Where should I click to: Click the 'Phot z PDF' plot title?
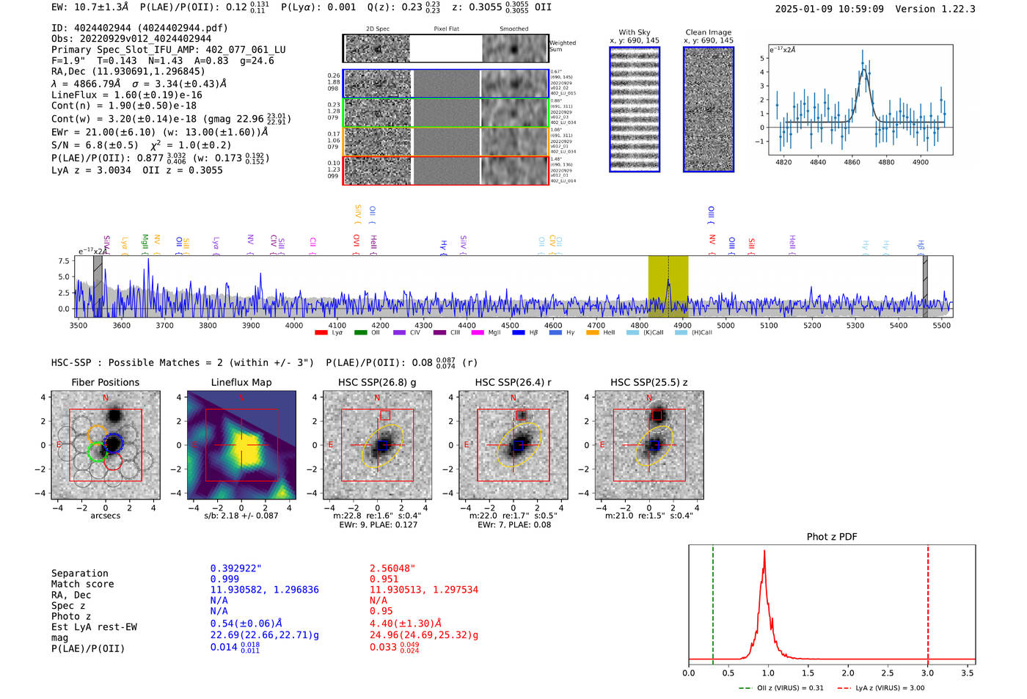click(x=832, y=537)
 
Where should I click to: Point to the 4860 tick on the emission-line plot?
click(x=852, y=162)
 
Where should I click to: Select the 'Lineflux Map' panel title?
click(x=241, y=382)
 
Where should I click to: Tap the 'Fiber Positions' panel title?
click(x=105, y=382)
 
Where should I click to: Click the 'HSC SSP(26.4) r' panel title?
click(x=513, y=382)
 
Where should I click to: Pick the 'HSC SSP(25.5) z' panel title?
click(x=648, y=382)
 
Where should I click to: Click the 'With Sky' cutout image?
click(x=635, y=109)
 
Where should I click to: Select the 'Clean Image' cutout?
click(x=709, y=109)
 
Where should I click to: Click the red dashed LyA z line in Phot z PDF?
click(x=928, y=601)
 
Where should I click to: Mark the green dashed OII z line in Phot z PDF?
click(x=713, y=601)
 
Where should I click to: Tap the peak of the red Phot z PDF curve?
click(x=764, y=552)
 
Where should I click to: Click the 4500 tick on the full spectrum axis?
click(x=510, y=326)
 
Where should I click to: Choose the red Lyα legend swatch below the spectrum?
click(x=321, y=333)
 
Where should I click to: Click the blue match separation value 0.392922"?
click(x=235, y=568)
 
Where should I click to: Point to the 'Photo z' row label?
click(x=71, y=616)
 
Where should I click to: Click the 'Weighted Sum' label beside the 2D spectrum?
click(x=562, y=46)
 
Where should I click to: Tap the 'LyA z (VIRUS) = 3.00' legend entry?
click(x=889, y=688)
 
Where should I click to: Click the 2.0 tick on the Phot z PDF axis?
click(x=848, y=673)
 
